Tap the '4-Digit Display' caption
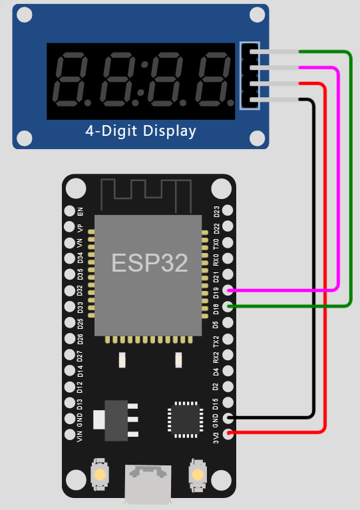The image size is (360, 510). coord(141,130)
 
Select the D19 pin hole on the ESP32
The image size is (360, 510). coord(228,290)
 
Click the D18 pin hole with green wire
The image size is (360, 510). coord(228,306)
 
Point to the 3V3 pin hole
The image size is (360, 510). coord(228,434)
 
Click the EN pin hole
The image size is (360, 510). coord(69,211)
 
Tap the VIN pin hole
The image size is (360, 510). coord(69,434)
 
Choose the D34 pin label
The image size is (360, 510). coord(81,258)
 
